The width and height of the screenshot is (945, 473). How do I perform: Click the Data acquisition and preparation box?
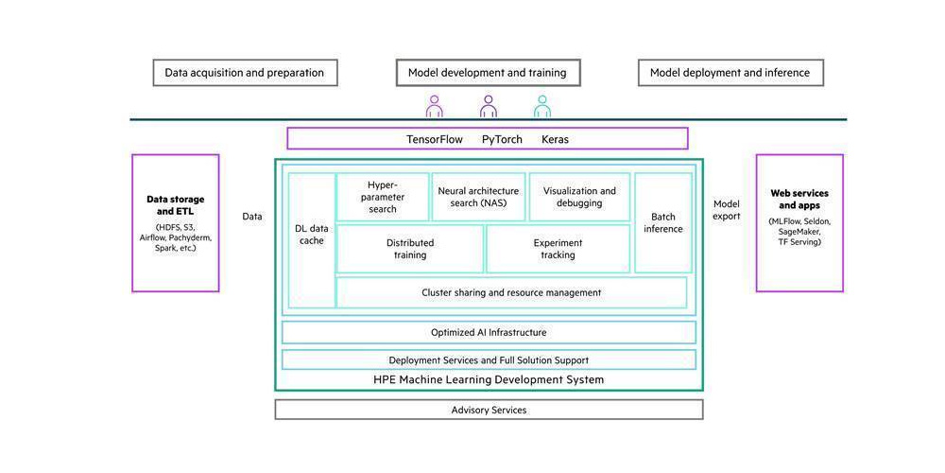click(x=245, y=73)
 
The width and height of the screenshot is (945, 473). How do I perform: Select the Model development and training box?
click(x=487, y=73)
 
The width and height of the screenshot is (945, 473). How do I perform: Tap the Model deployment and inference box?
click(x=730, y=73)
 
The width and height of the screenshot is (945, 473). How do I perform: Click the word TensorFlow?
click(x=435, y=139)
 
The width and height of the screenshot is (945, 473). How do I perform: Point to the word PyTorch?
click(x=502, y=139)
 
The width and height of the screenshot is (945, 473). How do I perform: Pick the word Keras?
click(x=555, y=139)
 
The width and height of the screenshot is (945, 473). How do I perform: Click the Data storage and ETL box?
click(x=176, y=222)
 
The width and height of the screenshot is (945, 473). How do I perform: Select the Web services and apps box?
click(x=799, y=222)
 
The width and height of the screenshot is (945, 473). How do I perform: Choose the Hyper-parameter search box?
click(x=383, y=197)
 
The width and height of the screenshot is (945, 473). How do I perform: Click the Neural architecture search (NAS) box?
click(x=478, y=197)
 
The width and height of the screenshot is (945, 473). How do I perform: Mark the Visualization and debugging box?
click(x=579, y=197)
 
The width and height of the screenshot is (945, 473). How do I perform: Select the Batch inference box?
click(x=663, y=222)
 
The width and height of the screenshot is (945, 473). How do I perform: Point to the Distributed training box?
click(x=410, y=249)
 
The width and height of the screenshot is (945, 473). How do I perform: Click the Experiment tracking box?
click(x=558, y=249)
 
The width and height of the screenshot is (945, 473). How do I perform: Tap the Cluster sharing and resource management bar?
click(x=511, y=292)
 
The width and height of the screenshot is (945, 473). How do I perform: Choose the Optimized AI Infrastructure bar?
click(x=489, y=332)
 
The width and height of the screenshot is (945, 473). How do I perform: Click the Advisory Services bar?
click(x=489, y=410)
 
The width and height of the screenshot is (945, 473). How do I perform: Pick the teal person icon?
click(x=541, y=105)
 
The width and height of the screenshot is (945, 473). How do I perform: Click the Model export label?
click(x=727, y=210)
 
